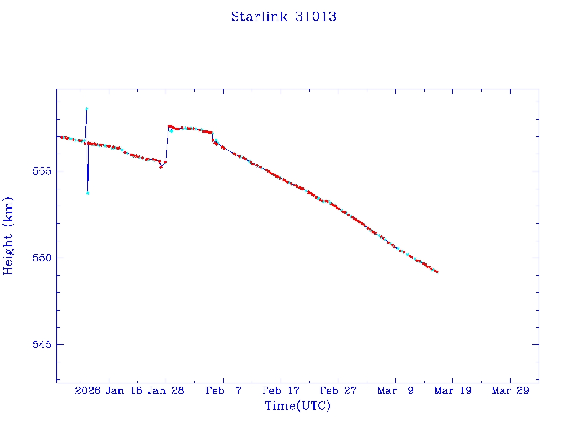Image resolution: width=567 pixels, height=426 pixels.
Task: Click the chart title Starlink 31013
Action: pyautogui.click(x=283, y=17)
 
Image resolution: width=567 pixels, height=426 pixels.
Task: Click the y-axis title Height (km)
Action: pyautogui.click(x=8, y=236)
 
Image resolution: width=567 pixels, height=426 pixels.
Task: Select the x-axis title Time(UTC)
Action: pyautogui.click(x=297, y=406)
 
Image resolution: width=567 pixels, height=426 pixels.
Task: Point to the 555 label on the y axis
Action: pyautogui.click(x=42, y=171)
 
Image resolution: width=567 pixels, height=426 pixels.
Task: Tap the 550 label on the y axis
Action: pyautogui.click(x=42, y=258)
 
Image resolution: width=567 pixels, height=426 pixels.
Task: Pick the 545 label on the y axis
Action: pyautogui.click(x=42, y=344)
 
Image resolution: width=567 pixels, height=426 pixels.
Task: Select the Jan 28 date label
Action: pyautogui.click(x=166, y=390)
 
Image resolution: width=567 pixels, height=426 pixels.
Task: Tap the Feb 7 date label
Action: pyautogui.click(x=223, y=390)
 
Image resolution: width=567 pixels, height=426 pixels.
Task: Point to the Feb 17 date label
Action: pyautogui.click(x=281, y=390)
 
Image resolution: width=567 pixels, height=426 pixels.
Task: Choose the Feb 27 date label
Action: pyautogui.click(x=338, y=390)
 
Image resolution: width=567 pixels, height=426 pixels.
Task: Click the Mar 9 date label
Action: pyautogui.click(x=395, y=390)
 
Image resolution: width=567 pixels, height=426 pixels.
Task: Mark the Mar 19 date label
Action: pyautogui.click(x=452, y=390)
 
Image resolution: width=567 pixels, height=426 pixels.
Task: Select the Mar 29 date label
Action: pyautogui.click(x=510, y=390)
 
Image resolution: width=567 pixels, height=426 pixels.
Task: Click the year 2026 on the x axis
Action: pyautogui.click(x=87, y=390)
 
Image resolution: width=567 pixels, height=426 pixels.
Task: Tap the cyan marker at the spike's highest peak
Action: pyautogui.click(x=87, y=109)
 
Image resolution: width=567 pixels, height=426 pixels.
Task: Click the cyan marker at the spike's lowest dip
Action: pyautogui.click(x=88, y=193)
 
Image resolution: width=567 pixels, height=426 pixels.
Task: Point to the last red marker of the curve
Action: pyautogui.click(x=437, y=272)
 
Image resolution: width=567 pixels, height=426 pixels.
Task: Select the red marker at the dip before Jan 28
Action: pyautogui.click(x=161, y=167)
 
